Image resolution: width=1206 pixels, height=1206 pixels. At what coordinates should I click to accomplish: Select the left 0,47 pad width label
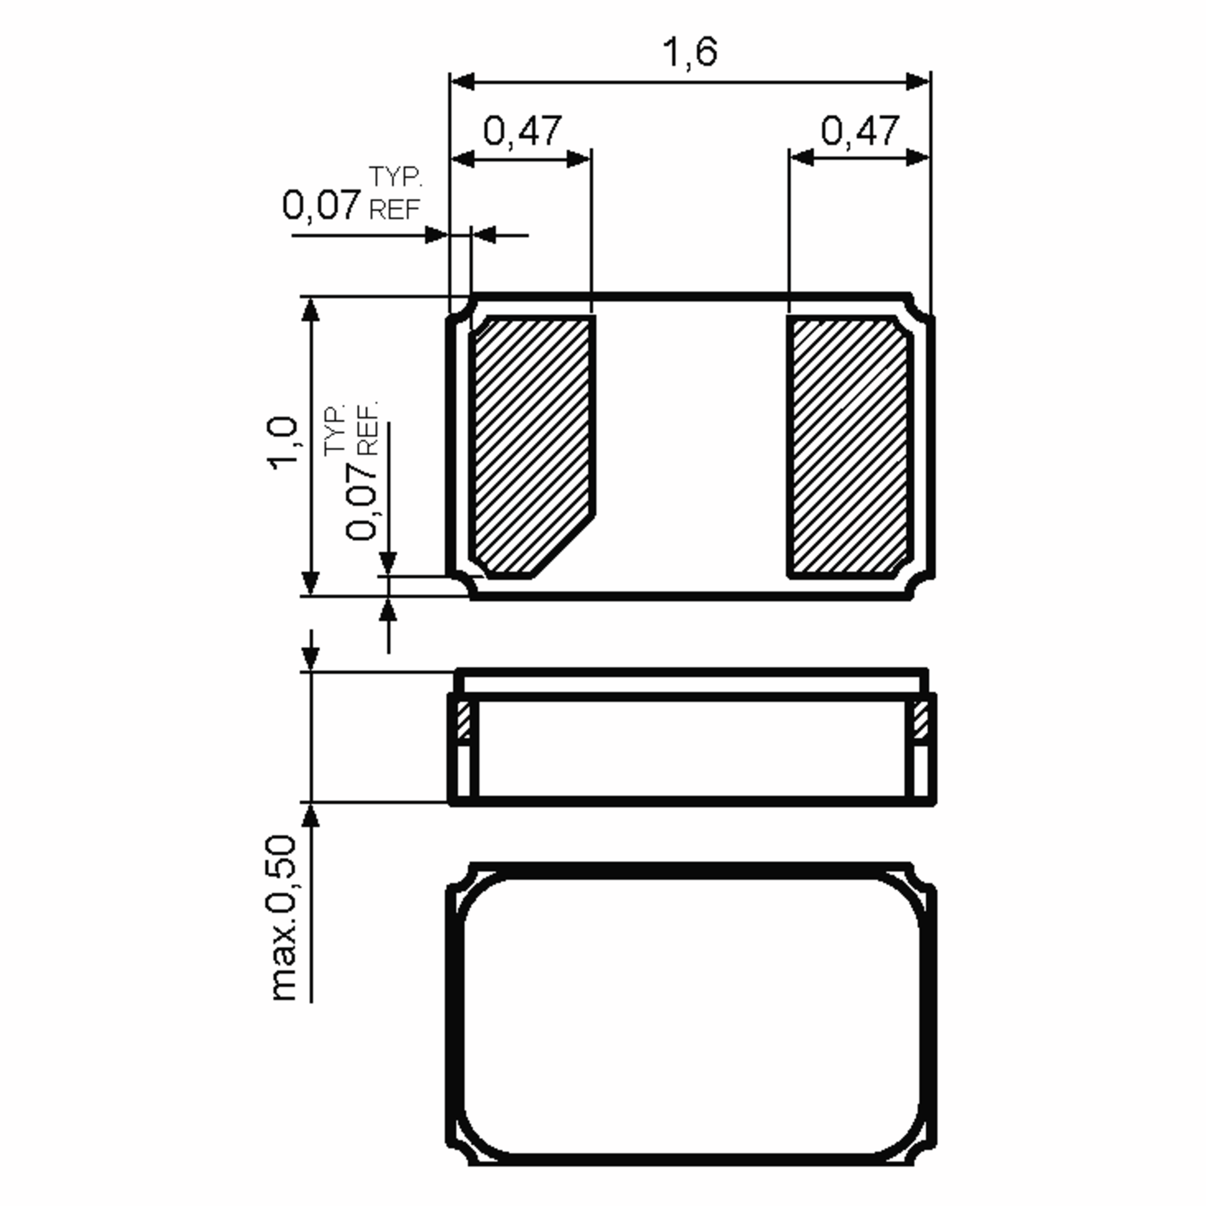point(523,131)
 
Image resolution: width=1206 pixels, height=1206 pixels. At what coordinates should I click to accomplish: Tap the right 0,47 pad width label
point(860,131)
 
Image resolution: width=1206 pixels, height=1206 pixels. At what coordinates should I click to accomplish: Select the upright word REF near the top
point(394,210)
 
